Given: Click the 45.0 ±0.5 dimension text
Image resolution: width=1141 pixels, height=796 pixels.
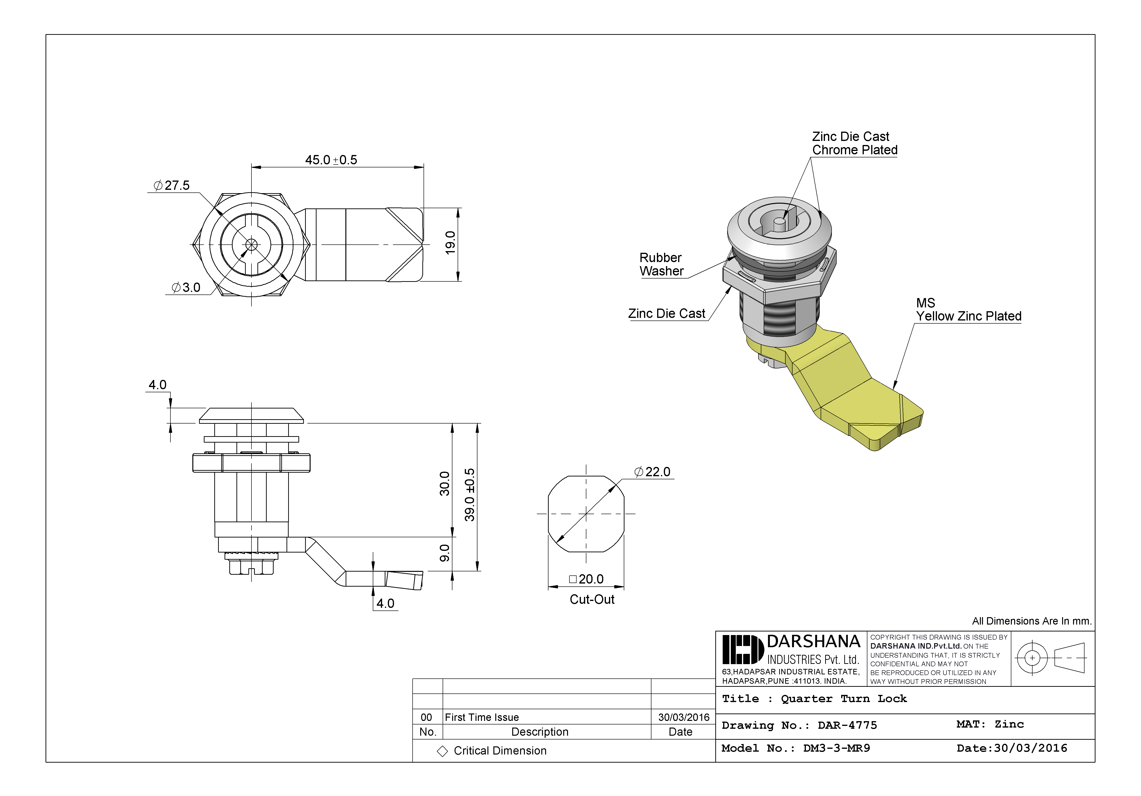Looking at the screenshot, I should pos(331,160).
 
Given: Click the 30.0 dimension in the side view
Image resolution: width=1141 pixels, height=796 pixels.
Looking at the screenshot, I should pos(444,483).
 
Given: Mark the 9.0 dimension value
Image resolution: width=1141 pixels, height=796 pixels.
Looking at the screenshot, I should pos(444,553).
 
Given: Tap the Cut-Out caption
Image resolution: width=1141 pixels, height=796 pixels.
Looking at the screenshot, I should pos(592,600).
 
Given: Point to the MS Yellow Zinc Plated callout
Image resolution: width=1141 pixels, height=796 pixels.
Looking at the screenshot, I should pos(968,310).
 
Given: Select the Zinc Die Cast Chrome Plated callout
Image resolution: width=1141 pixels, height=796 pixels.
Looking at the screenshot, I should pos(854,143).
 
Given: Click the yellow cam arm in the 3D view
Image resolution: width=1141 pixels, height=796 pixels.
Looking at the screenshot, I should pos(855,388).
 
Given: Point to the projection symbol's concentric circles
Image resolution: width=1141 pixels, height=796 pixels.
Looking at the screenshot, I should pos(1032,658).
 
